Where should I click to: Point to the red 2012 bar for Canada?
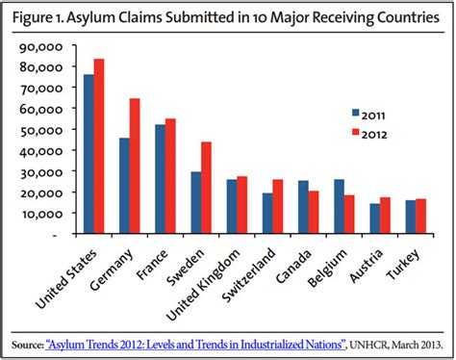[314, 212]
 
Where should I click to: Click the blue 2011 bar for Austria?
[374, 219]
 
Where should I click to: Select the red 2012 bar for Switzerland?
[278, 206]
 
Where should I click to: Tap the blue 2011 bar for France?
[160, 179]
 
